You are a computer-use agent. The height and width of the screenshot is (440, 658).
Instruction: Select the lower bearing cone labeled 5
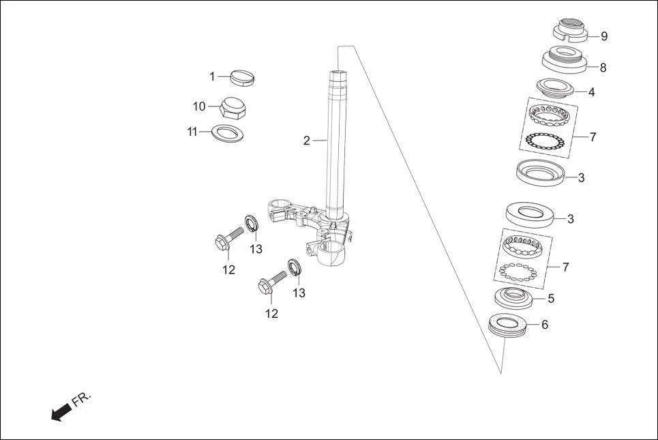pyautogui.click(x=513, y=297)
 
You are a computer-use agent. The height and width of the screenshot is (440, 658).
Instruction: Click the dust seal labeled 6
pyautogui.click(x=509, y=325)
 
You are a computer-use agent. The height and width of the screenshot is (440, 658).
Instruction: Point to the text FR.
pyautogui.click(x=81, y=399)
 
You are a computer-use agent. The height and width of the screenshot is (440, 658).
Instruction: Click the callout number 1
pyautogui.click(x=212, y=76)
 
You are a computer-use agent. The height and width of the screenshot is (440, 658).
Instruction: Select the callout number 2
pyautogui.click(x=307, y=141)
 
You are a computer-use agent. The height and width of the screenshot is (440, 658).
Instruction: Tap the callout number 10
pyautogui.click(x=198, y=106)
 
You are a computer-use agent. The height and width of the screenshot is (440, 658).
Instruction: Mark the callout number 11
pyautogui.click(x=192, y=132)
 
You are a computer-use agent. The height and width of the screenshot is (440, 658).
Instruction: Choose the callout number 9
pyautogui.click(x=603, y=36)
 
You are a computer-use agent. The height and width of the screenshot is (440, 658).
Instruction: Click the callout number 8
pyautogui.click(x=603, y=68)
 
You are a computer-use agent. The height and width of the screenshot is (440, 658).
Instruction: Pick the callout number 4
pyautogui.click(x=591, y=91)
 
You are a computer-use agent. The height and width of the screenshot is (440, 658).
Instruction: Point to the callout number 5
pyautogui.click(x=551, y=298)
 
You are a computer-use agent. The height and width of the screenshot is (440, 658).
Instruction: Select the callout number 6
pyautogui.click(x=544, y=325)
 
